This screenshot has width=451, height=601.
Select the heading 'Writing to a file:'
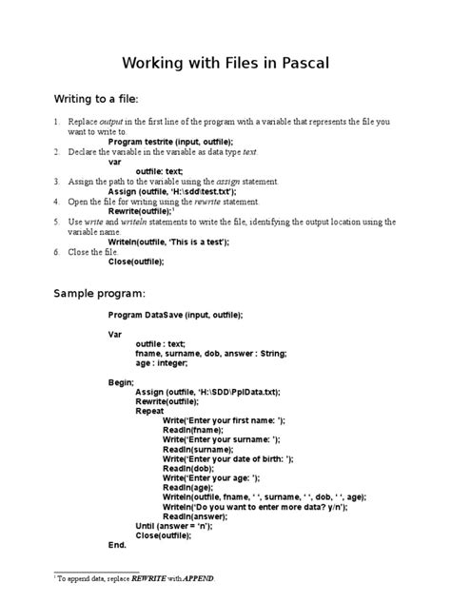click(95, 98)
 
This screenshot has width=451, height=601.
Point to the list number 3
click(56, 181)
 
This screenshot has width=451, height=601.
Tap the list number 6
click(56, 251)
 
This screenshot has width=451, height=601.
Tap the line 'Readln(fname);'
click(189, 429)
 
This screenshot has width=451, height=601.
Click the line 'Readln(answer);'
click(193, 516)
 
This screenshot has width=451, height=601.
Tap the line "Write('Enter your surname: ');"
click(221, 438)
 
